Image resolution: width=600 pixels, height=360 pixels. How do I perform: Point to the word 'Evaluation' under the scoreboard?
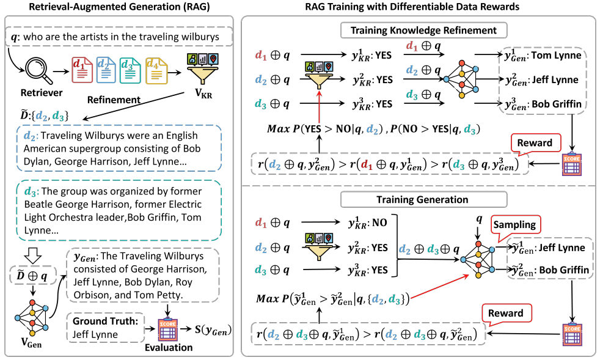[x=169, y=347]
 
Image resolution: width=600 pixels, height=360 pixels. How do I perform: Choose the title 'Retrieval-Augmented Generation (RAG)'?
[x=119, y=9]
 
